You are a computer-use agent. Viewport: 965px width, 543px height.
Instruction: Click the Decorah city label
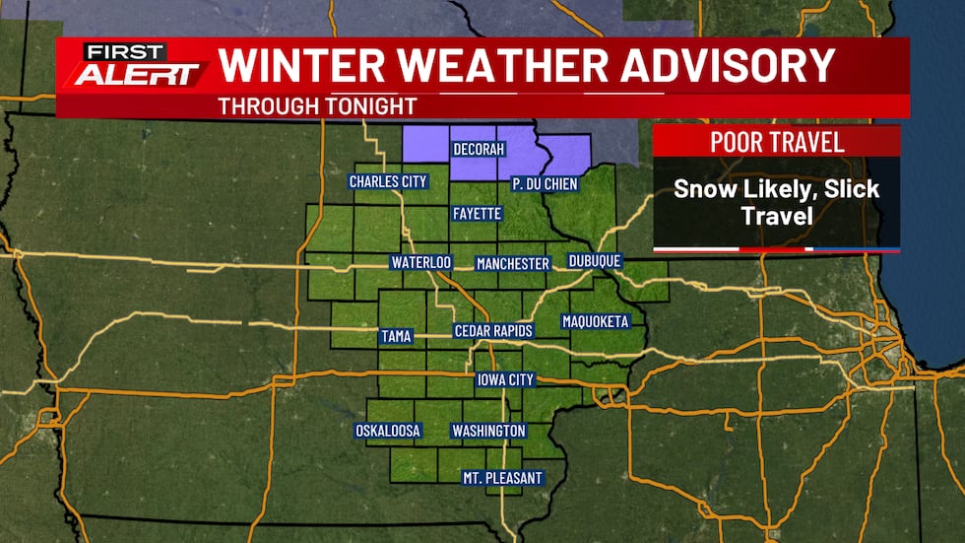478,150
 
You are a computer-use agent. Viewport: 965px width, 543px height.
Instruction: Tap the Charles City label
388,181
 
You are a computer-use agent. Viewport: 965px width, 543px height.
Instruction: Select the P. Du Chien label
545,184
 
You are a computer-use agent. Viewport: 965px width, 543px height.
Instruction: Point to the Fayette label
478,213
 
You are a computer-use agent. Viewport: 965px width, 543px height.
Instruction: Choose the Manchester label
512,264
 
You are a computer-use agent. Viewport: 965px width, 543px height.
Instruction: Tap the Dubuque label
595,261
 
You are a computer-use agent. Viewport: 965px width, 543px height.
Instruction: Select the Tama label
396,337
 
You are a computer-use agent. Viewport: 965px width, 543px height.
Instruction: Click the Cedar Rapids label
493,331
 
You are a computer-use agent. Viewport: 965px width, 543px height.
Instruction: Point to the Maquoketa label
595,321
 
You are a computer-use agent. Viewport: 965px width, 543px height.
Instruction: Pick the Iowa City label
505,380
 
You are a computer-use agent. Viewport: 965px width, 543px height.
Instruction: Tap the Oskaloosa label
388,431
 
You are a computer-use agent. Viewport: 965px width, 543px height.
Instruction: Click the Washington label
488,431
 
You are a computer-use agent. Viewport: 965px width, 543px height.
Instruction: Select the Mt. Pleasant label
502,478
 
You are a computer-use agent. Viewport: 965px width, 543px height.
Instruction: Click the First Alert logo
138,66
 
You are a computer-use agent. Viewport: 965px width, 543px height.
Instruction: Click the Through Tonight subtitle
317,105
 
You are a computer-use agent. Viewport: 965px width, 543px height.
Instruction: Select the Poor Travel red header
777,141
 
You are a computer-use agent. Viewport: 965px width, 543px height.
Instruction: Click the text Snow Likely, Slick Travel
777,200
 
